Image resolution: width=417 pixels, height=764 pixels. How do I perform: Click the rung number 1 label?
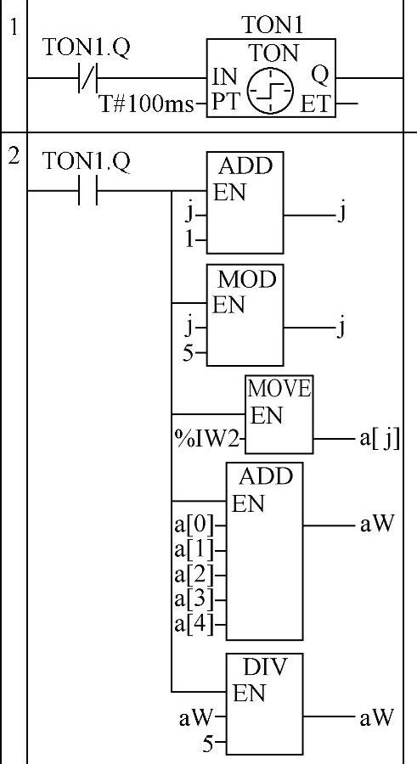pos(14,28)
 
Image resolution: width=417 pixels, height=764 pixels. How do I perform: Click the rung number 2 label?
pos(14,156)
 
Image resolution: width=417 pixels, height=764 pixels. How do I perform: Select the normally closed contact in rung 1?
pos(87,78)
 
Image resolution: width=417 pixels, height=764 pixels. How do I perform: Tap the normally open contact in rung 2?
pos(87,190)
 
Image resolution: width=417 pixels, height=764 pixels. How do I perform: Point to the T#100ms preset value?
pos(147,104)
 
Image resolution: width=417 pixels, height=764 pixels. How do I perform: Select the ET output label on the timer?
pos(315,104)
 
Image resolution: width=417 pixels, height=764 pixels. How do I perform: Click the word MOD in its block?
pos(247,279)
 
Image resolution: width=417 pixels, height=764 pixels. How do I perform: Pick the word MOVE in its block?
pos(279,389)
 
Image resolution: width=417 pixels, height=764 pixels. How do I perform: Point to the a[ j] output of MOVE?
pos(380,440)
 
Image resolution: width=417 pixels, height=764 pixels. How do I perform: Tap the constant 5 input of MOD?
pos(189,352)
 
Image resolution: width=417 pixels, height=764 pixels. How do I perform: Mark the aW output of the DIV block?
pos(376,717)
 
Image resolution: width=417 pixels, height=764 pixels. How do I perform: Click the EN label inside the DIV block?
pos(249,693)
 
